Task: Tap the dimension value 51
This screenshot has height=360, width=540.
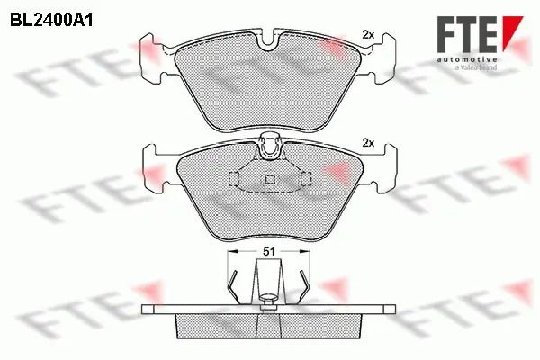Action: (x=269, y=254)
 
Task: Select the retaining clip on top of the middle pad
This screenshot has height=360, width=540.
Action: (x=269, y=144)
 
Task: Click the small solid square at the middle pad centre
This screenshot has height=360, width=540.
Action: (x=269, y=179)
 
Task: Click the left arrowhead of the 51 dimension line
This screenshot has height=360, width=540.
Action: (x=230, y=253)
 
